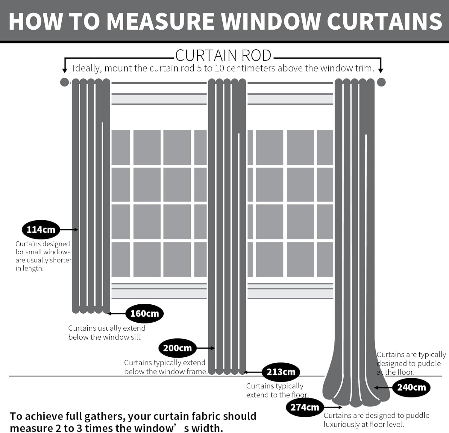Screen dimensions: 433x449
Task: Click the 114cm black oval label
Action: pyautogui.click(x=41, y=230)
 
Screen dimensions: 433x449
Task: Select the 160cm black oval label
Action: pyautogui.click(x=144, y=313)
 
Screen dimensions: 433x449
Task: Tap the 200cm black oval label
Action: pyautogui.click(x=177, y=348)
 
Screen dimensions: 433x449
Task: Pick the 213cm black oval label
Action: pyautogui.click(x=281, y=372)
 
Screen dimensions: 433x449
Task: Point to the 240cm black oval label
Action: pyautogui.click(x=411, y=388)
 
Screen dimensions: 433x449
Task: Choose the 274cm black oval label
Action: pyautogui.click(x=305, y=407)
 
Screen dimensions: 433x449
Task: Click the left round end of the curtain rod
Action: pyautogui.click(x=64, y=82)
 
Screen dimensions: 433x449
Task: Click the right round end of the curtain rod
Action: pyautogui.click(x=381, y=82)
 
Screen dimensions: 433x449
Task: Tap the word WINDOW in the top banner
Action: pyautogui.click(x=271, y=22)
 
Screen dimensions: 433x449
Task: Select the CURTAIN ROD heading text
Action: pyautogui.click(x=223, y=56)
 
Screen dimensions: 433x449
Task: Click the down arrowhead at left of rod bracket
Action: pyautogui.click(x=65, y=71)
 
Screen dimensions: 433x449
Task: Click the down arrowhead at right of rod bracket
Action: pyautogui.click(x=381, y=71)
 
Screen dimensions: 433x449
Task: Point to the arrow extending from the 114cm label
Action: pyautogui.click(x=69, y=230)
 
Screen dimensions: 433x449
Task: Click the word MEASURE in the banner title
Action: pyautogui.click(x=160, y=22)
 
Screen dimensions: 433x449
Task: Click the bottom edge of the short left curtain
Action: pyautogui.click(x=91, y=311)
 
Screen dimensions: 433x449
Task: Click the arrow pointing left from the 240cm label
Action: pyautogui.click(x=383, y=388)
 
